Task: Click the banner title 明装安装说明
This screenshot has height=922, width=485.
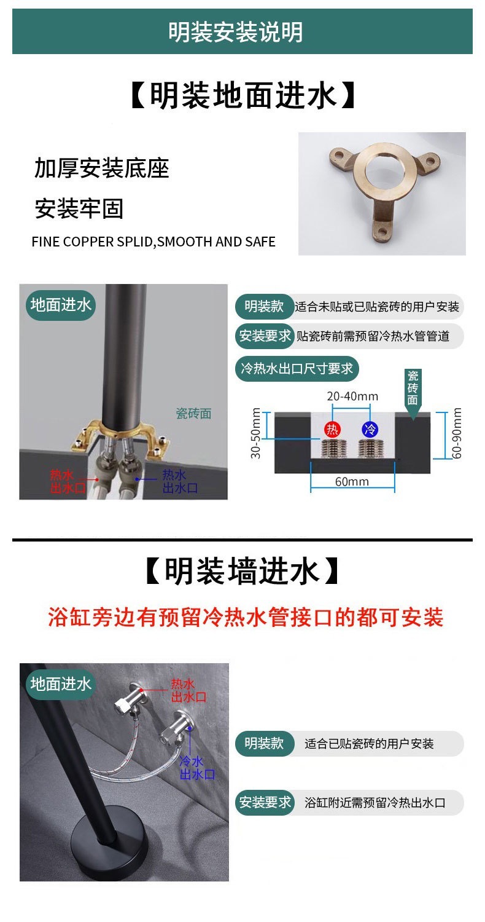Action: (236, 32)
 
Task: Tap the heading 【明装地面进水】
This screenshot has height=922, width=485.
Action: (243, 95)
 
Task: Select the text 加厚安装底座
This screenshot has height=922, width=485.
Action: (101, 168)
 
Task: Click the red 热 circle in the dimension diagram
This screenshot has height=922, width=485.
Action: (332, 429)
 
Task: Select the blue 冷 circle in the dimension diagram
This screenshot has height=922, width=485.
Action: (370, 429)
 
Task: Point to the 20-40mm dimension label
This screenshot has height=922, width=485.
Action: (352, 396)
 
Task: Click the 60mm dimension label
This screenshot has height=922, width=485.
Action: (352, 481)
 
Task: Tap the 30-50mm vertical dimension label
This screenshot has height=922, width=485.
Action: (255, 433)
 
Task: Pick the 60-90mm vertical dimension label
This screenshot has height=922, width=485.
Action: (456, 433)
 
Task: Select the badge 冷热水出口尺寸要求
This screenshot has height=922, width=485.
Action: (297, 368)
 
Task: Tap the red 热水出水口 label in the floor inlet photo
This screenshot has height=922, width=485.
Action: (68, 481)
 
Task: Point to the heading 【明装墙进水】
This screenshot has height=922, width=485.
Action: (243, 571)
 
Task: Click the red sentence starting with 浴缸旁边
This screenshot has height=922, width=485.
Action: (246, 617)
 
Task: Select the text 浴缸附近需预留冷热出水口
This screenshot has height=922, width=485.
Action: (375, 803)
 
